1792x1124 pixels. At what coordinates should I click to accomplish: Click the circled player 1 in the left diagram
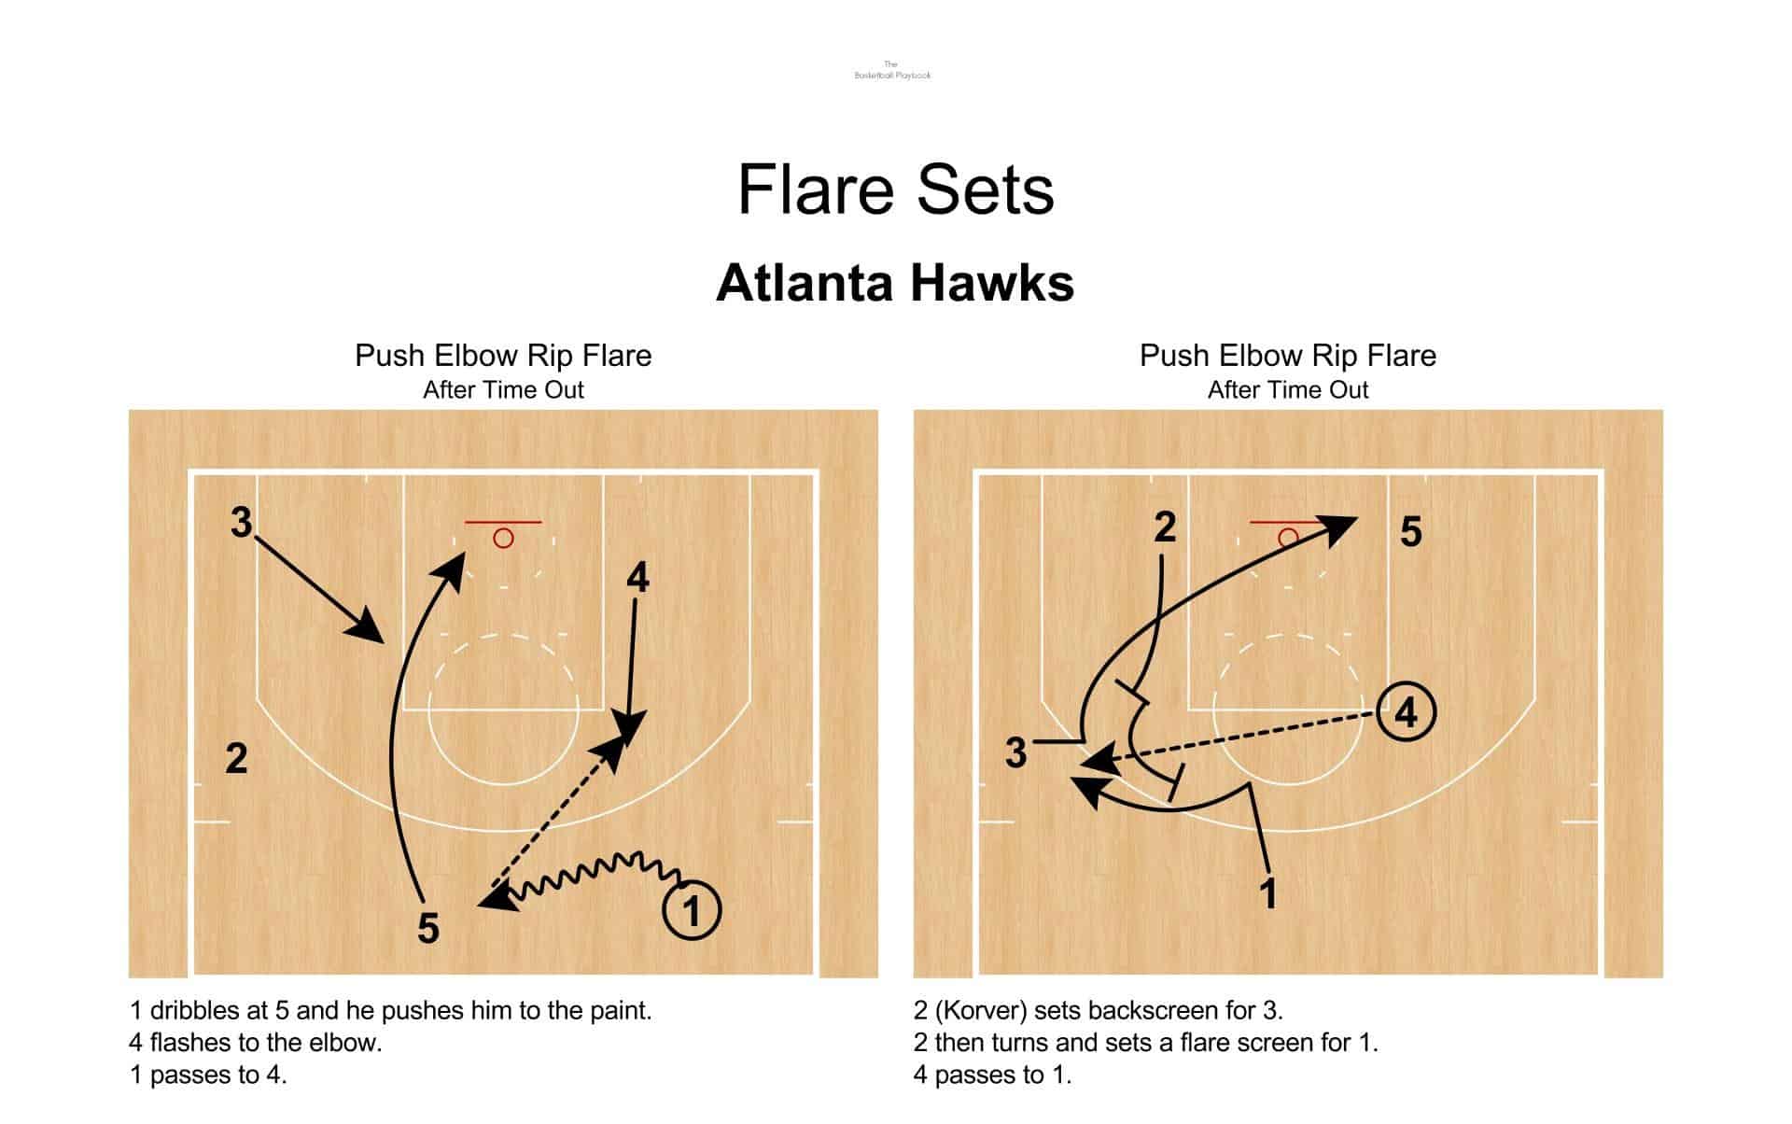(x=692, y=910)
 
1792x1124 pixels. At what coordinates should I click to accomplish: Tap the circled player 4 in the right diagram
(x=1406, y=713)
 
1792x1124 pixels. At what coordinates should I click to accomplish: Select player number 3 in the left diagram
(x=242, y=523)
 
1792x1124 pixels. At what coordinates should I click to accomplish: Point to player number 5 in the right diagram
(x=1410, y=532)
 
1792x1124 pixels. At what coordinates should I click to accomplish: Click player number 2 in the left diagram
(x=237, y=759)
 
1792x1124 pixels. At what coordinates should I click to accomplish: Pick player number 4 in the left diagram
(x=637, y=578)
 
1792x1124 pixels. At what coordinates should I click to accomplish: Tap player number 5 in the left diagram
(x=428, y=929)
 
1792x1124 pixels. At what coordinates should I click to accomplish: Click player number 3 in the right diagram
(x=1015, y=752)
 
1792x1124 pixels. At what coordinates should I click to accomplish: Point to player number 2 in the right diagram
(x=1165, y=528)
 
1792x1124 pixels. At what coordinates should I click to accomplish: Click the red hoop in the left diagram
(x=503, y=538)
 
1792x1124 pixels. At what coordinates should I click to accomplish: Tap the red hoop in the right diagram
(x=1288, y=538)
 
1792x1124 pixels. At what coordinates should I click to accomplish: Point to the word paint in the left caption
(x=616, y=1010)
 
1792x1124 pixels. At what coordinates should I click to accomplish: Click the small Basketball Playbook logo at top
(x=893, y=70)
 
